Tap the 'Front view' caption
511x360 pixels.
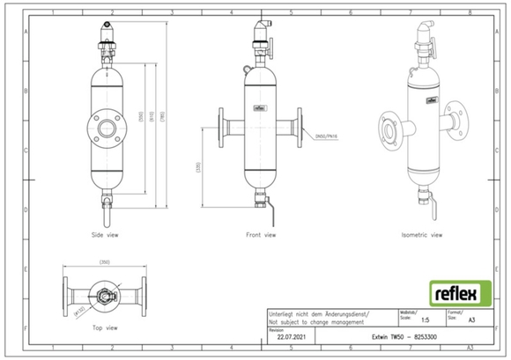tap(260, 236)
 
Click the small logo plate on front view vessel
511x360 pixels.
tap(260, 111)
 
